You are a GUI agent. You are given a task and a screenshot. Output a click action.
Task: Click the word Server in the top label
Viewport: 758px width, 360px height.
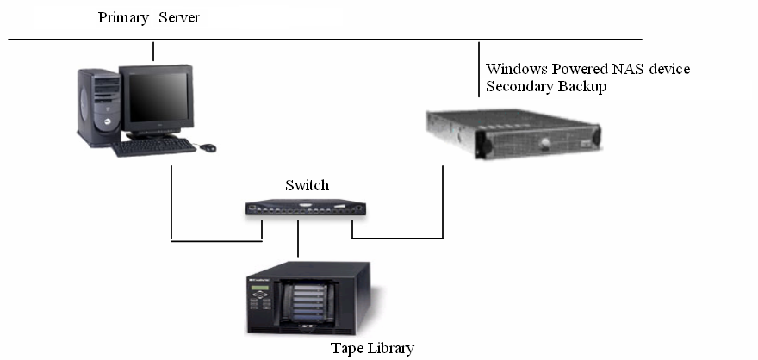pyautogui.click(x=180, y=17)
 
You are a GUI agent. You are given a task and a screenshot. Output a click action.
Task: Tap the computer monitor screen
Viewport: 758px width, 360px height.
pyautogui.click(x=158, y=96)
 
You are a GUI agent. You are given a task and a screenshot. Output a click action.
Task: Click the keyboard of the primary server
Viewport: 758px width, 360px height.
pyautogui.click(x=154, y=146)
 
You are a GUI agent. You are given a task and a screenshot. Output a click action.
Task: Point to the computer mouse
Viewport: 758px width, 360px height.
pyautogui.click(x=208, y=147)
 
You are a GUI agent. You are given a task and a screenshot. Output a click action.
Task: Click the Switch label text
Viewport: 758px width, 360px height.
pyautogui.click(x=307, y=185)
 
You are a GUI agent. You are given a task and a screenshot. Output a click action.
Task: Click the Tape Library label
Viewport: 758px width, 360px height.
pyautogui.click(x=372, y=348)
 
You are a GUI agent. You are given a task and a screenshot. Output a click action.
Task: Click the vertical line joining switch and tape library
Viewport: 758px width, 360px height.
pyautogui.click(x=297, y=239)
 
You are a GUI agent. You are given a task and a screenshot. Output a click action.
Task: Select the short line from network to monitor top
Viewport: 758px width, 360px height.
pyautogui.click(x=152, y=51)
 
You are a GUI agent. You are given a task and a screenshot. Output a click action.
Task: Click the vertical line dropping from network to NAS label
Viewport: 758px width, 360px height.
pyautogui.click(x=479, y=69)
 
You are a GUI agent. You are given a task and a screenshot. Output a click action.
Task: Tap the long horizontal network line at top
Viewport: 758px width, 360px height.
pyautogui.click(x=345, y=40)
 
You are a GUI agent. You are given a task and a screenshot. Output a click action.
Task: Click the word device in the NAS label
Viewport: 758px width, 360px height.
pyautogui.click(x=667, y=69)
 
